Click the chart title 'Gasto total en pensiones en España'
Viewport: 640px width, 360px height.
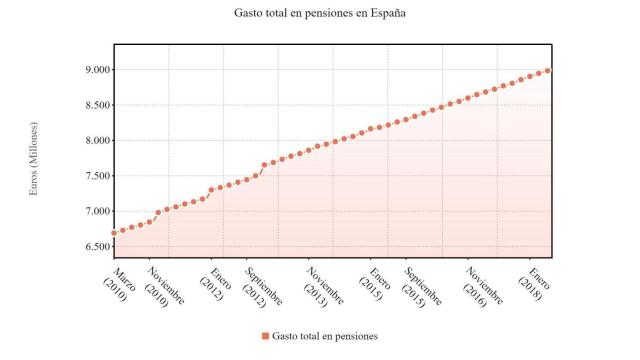(x=320, y=13)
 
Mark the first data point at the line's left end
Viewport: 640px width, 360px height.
(x=114, y=233)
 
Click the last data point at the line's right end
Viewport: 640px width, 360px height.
(x=549, y=71)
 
